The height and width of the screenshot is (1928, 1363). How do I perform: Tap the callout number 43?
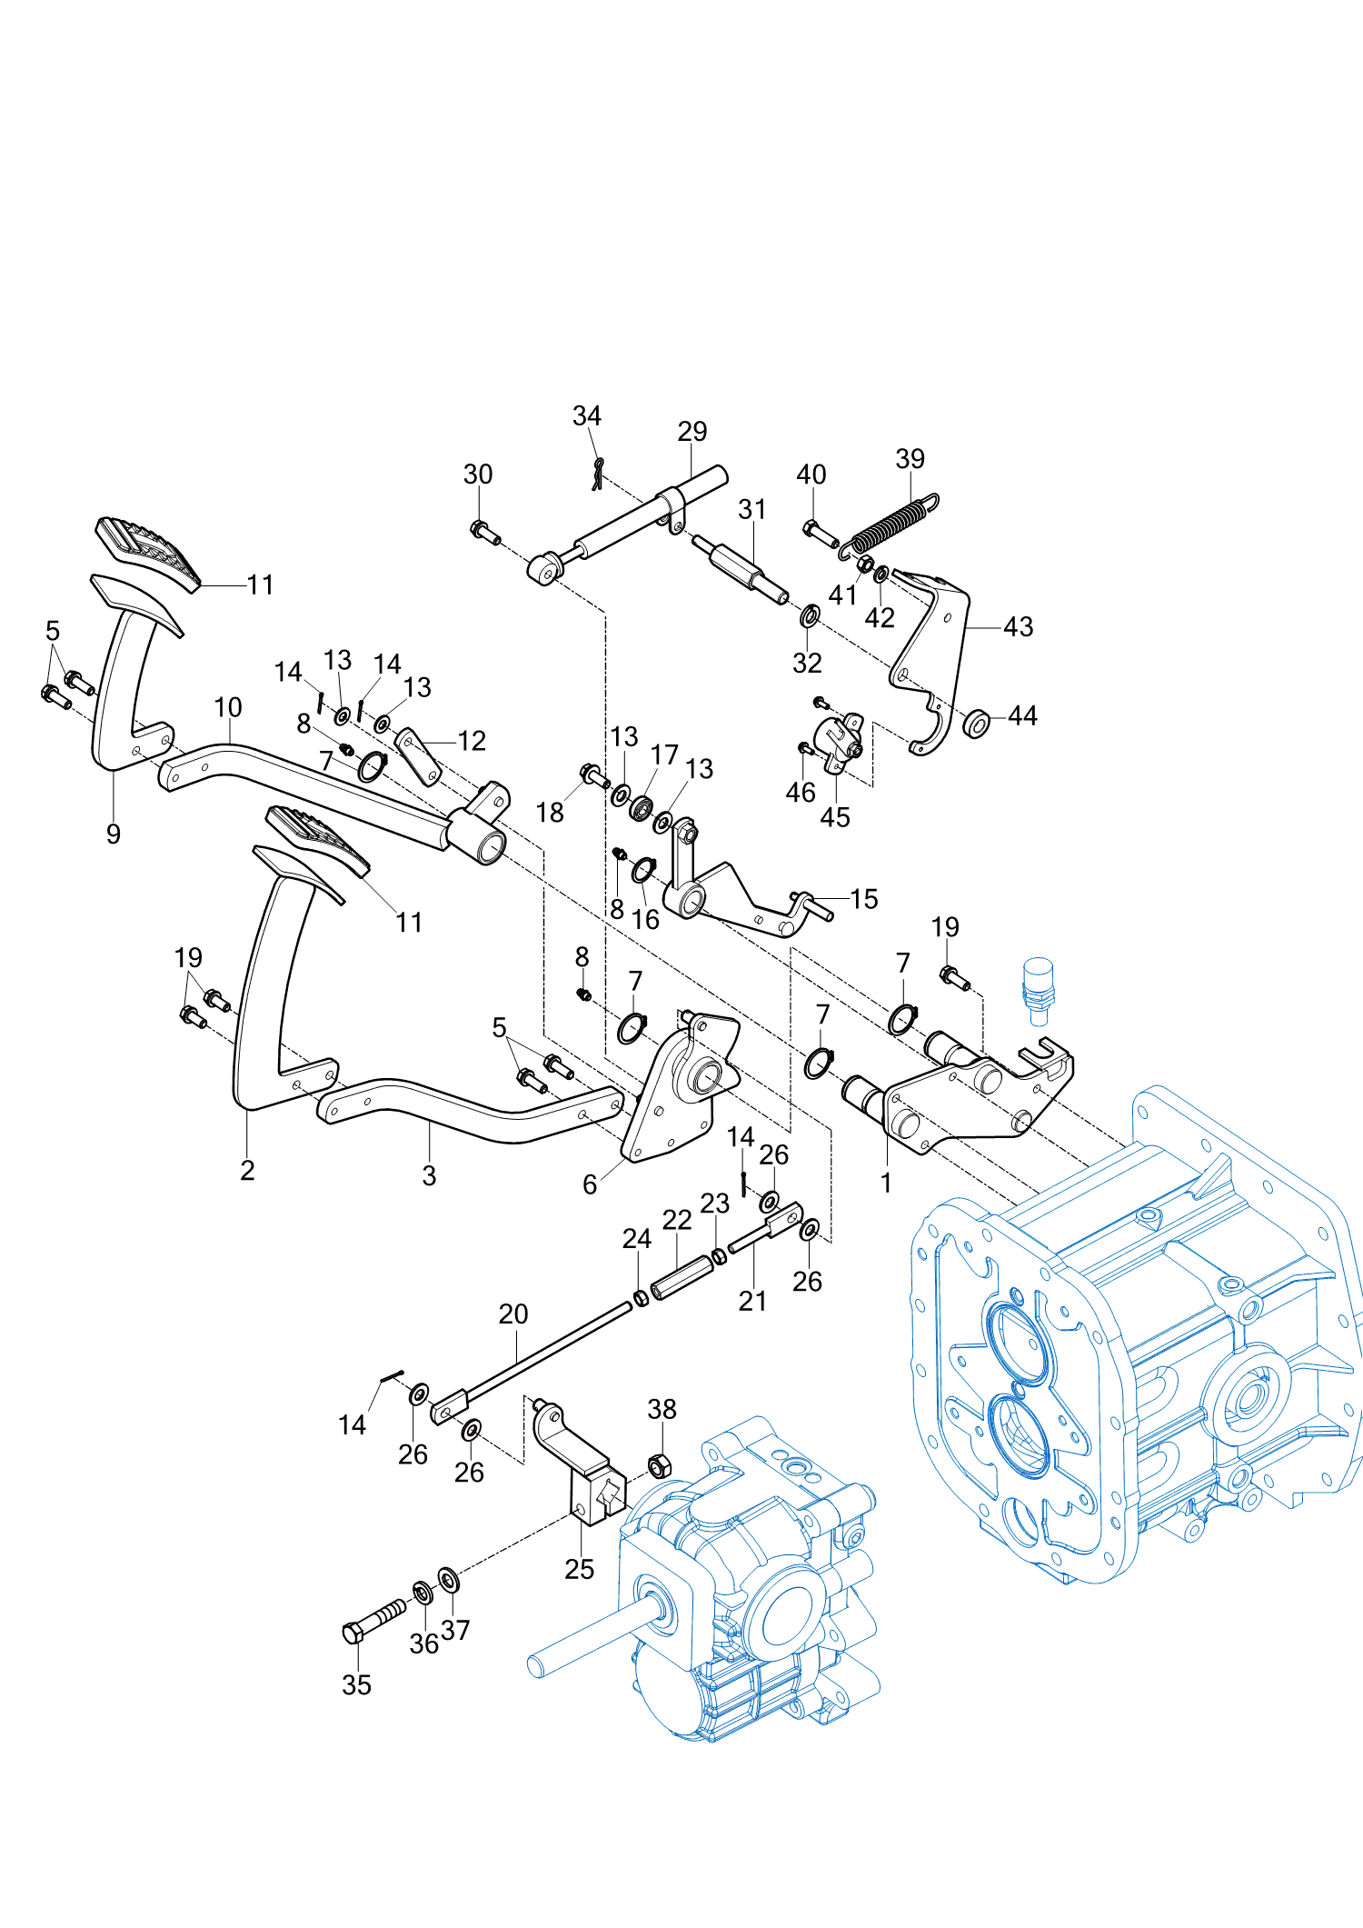point(1018,626)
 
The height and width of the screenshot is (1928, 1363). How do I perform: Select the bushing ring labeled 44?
point(976,724)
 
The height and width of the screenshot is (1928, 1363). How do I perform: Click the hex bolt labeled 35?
point(374,1620)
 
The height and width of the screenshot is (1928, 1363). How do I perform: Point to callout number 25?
point(579,1569)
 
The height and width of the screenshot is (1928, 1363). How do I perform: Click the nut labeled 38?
point(660,1465)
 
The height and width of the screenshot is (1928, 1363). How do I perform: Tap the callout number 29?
point(691,431)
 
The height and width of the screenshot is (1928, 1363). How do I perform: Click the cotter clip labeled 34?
point(597,473)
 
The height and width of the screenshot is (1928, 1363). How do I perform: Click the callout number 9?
point(114,834)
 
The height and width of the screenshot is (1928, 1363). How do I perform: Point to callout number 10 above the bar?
point(228,707)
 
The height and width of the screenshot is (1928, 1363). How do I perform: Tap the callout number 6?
point(590,1184)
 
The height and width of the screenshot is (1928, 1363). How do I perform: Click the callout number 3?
point(429,1175)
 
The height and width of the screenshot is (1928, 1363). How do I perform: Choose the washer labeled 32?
point(809,617)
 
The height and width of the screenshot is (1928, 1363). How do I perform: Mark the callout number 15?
point(863,899)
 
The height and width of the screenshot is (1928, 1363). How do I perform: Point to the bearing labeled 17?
point(642,806)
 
